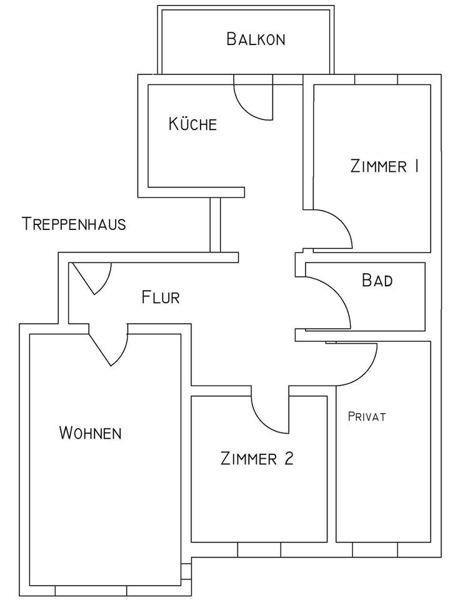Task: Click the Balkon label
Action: tap(256, 39)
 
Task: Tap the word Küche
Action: tap(192, 124)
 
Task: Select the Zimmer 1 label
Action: tap(384, 166)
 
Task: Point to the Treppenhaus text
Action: tap(74, 224)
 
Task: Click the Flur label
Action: tap(161, 297)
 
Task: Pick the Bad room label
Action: tap(377, 280)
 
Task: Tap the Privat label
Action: tap(367, 417)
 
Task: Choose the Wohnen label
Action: tap(90, 432)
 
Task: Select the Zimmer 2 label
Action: tap(257, 459)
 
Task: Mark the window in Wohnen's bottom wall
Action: tap(91, 591)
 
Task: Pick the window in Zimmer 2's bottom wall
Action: tap(259, 549)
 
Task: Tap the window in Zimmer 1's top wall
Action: tap(376, 79)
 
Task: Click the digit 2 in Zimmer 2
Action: tap(288, 459)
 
